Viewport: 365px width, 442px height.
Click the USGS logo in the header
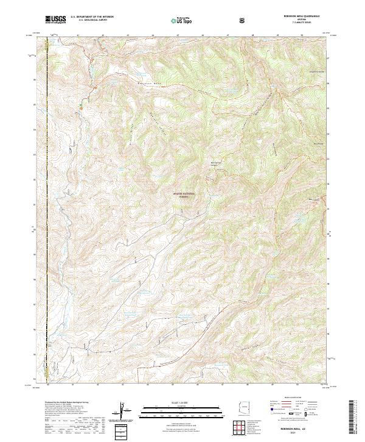[x=55, y=20]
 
